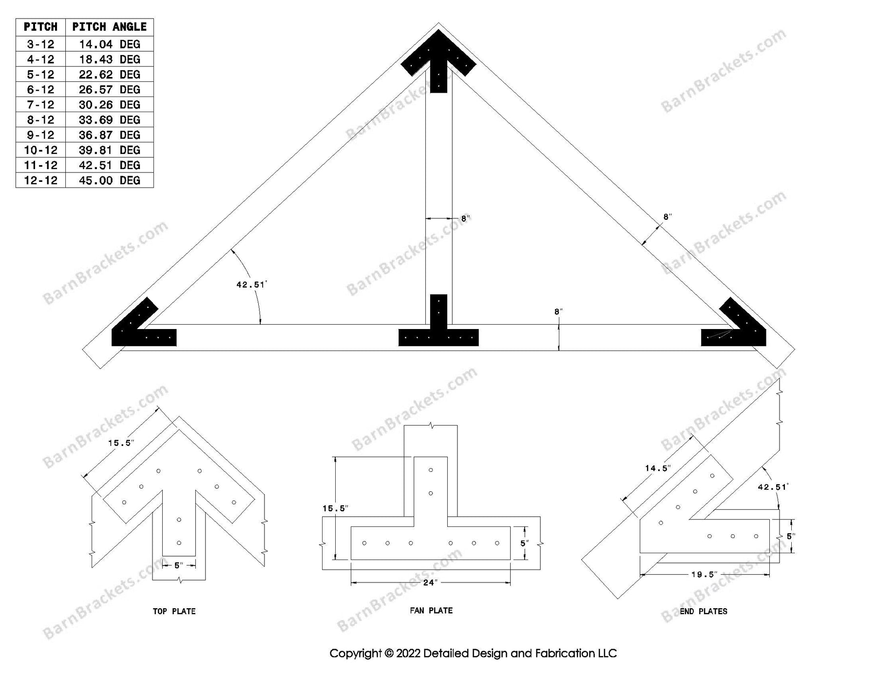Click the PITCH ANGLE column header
(x=109, y=27)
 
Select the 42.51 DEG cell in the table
(x=109, y=165)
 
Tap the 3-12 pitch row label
(x=40, y=44)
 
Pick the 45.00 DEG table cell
(x=109, y=180)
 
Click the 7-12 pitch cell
(x=40, y=105)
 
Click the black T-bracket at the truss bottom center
(x=438, y=331)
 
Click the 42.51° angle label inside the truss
(x=251, y=285)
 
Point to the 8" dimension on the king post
(x=464, y=219)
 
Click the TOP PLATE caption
(x=174, y=611)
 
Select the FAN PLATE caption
(x=431, y=610)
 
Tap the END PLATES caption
(x=703, y=611)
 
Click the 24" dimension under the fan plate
(x=430, y=582)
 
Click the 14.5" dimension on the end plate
(x=657, y=468)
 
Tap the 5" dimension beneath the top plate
(x=179, y=565)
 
